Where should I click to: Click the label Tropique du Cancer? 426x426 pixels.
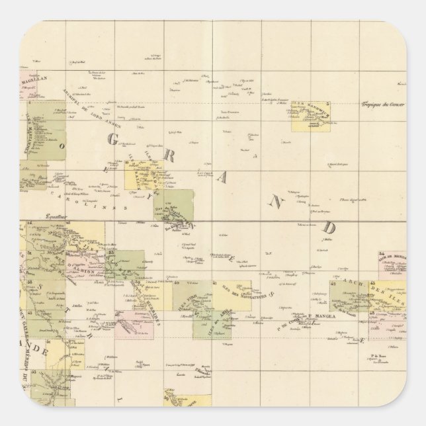coord(382,105)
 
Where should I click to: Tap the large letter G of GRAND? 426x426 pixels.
coord(113,139)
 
